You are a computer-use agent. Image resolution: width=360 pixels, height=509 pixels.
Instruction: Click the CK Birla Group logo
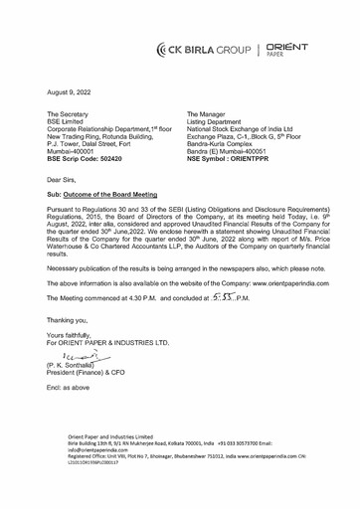click(209, 48)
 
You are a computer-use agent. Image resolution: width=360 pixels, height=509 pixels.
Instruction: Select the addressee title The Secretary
click(75, 115)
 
